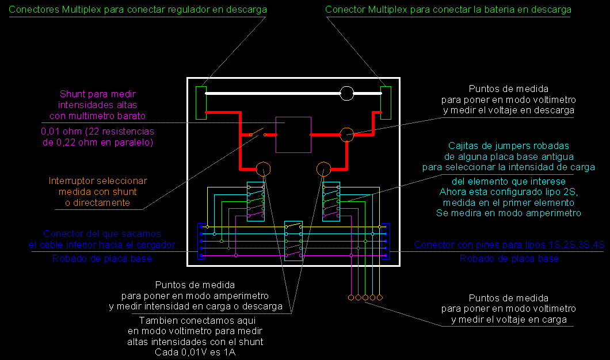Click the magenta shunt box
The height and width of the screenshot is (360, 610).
point(293,135)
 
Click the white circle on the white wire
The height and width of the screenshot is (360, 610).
point(347,93)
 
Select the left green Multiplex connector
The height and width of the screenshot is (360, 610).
point(201,102)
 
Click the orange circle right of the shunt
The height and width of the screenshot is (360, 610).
point(346,135)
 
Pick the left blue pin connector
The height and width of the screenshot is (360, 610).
point(201,241)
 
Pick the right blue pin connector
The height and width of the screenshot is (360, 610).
point(386,241)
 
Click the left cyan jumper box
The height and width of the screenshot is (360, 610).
point(256,201)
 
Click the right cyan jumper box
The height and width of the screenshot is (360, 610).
point(331,201)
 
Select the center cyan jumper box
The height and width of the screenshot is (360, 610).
point(293,240)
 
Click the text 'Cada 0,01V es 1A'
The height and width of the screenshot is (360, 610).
point(195,353)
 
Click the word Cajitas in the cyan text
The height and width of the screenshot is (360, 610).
point(464,145)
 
